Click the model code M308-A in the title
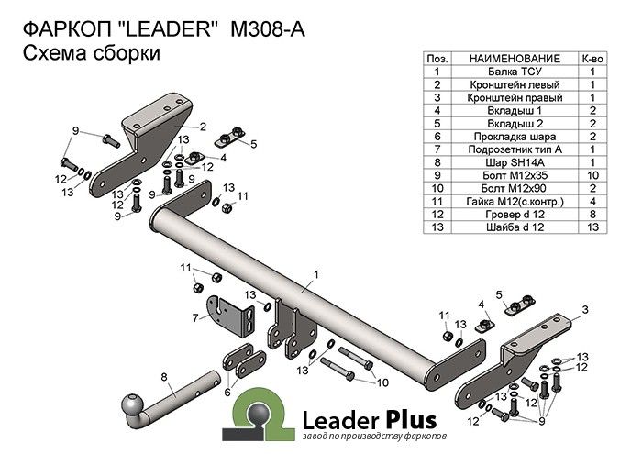click(266, 28)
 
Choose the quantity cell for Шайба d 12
click(592, 226)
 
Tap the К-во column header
click(592, 57)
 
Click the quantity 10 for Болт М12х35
click(592, 174)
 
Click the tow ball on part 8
click(133, 405)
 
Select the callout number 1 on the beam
click(315, 274)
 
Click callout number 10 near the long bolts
click(383, 381)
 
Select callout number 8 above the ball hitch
click(163, 376)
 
